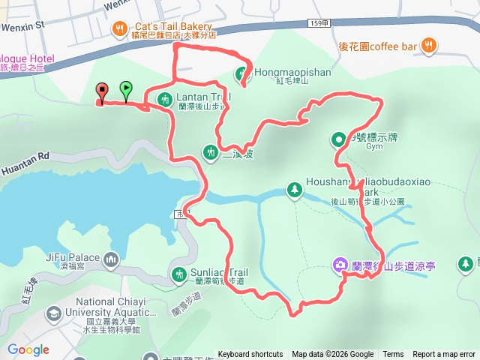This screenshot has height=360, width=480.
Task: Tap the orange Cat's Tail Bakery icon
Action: (118, 29)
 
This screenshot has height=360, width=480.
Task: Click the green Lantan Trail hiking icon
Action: (164, 98)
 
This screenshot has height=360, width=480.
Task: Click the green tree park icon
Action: (294, 190)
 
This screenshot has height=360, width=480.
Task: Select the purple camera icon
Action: (340, 264)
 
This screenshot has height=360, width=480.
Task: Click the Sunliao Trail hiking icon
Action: (179, 274)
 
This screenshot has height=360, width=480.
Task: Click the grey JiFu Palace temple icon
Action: (112, 259)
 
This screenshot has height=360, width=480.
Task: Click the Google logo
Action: (28, 349)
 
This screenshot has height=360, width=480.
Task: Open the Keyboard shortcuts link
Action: (250, 355)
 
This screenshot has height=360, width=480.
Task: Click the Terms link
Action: (393, 355)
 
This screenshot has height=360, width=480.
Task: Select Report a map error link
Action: (444, 355)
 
